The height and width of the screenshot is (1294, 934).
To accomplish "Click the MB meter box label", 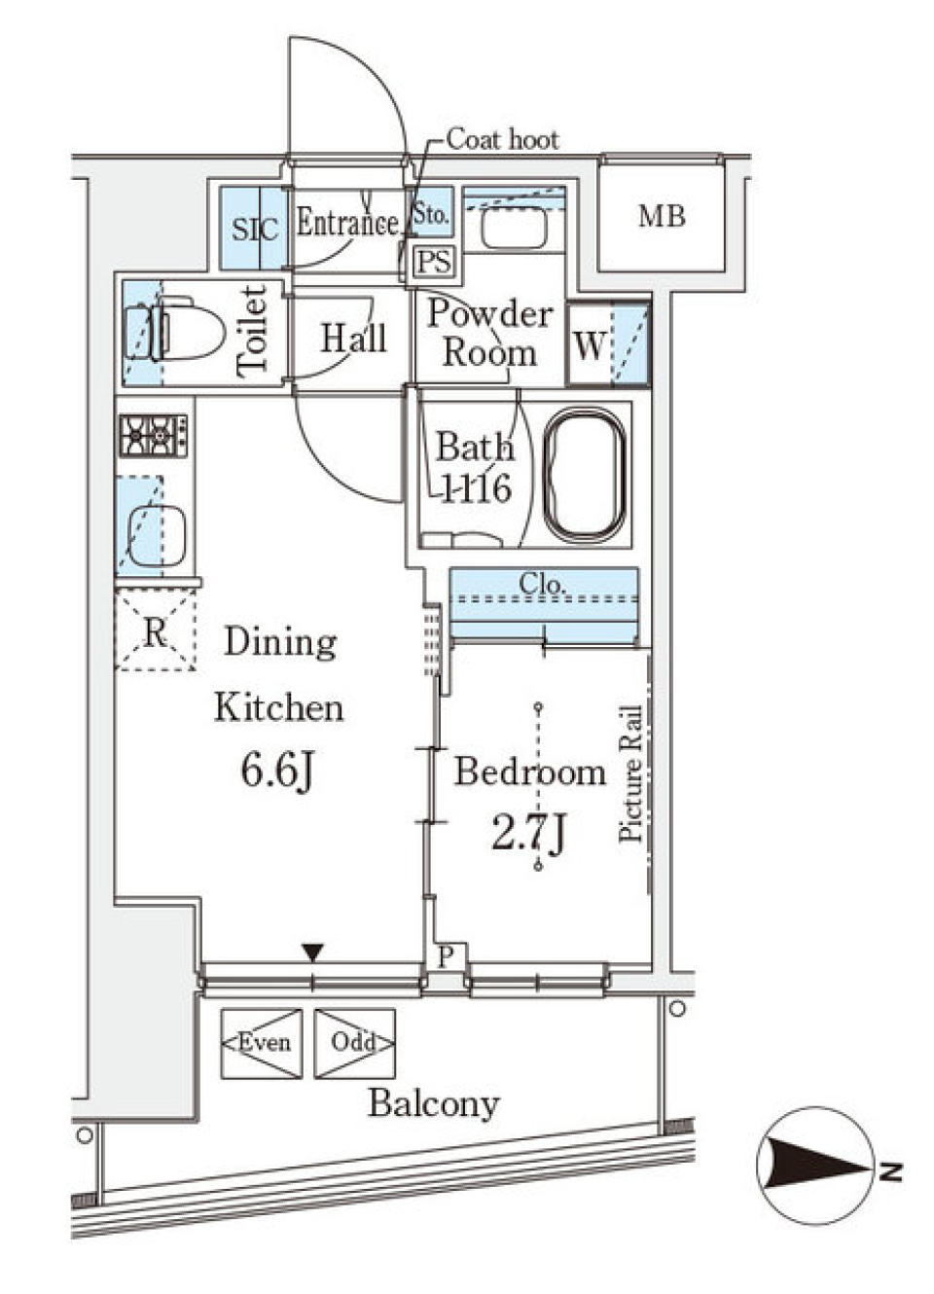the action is [662, 217].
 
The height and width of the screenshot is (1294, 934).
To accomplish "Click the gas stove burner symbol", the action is [154, 436].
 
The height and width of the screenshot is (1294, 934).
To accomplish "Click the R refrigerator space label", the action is [155, 632].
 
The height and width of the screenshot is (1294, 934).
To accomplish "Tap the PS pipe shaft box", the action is [434, 263].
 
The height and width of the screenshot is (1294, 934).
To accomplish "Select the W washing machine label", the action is [590, 345].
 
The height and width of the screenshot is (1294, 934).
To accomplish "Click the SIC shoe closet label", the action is [255, 229].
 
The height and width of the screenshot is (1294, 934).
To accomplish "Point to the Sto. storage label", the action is [431, 215].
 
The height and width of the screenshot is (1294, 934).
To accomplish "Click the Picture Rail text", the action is [630, 773].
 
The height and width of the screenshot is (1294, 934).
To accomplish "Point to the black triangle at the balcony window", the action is [312, 953].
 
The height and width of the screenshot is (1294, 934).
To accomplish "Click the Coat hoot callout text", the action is [503, 140].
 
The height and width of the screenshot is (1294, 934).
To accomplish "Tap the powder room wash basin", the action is [514, 227].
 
